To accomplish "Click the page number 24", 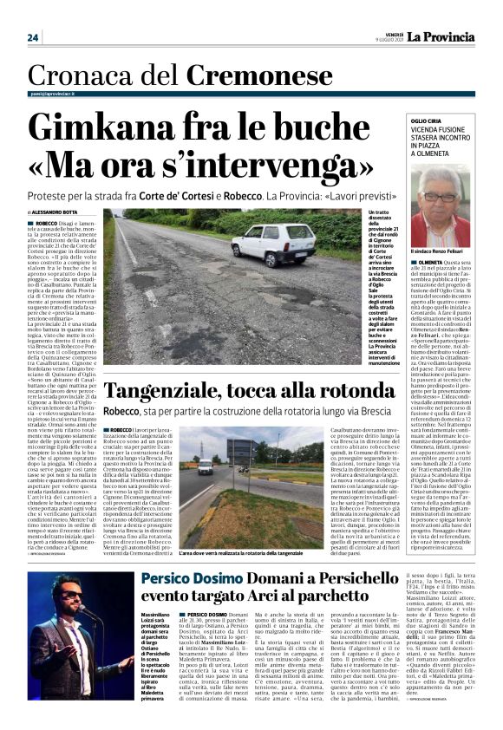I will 33,37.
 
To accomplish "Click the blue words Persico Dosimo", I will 184,578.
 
